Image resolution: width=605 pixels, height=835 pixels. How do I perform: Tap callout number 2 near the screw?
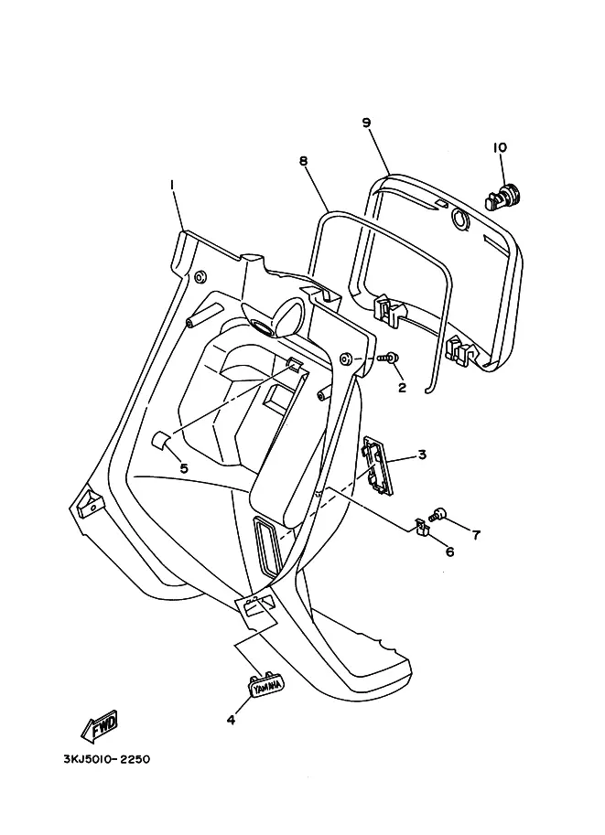click(x=402, y=388)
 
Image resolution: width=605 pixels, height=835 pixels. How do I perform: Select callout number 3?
click(x=422, y=455)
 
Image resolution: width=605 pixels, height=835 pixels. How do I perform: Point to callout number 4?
click(x=231, y=720)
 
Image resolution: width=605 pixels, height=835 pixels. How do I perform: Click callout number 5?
click(x=184, y=468)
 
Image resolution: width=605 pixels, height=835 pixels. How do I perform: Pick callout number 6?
click(x=450, y=551)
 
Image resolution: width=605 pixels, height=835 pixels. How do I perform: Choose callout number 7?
click(x=476, y=534)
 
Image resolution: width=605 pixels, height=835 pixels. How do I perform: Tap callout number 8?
click(x=303, y=161)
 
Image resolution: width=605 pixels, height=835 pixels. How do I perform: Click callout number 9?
click(x=366, y=123)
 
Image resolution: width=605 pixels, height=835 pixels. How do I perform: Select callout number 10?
click(x=500, y=147)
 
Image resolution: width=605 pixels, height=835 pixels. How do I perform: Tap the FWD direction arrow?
click(x=99, y=726)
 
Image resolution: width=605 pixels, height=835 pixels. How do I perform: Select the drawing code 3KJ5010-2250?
click(x=106, y=759)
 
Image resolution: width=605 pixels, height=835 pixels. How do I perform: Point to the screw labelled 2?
click(x=386, y=359)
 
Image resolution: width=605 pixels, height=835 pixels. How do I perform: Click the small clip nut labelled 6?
click(x=422, y=526)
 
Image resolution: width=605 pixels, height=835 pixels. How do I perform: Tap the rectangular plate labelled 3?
click(x=378, y=465)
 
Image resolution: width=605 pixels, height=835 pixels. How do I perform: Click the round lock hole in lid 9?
click(x=459, y=219)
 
